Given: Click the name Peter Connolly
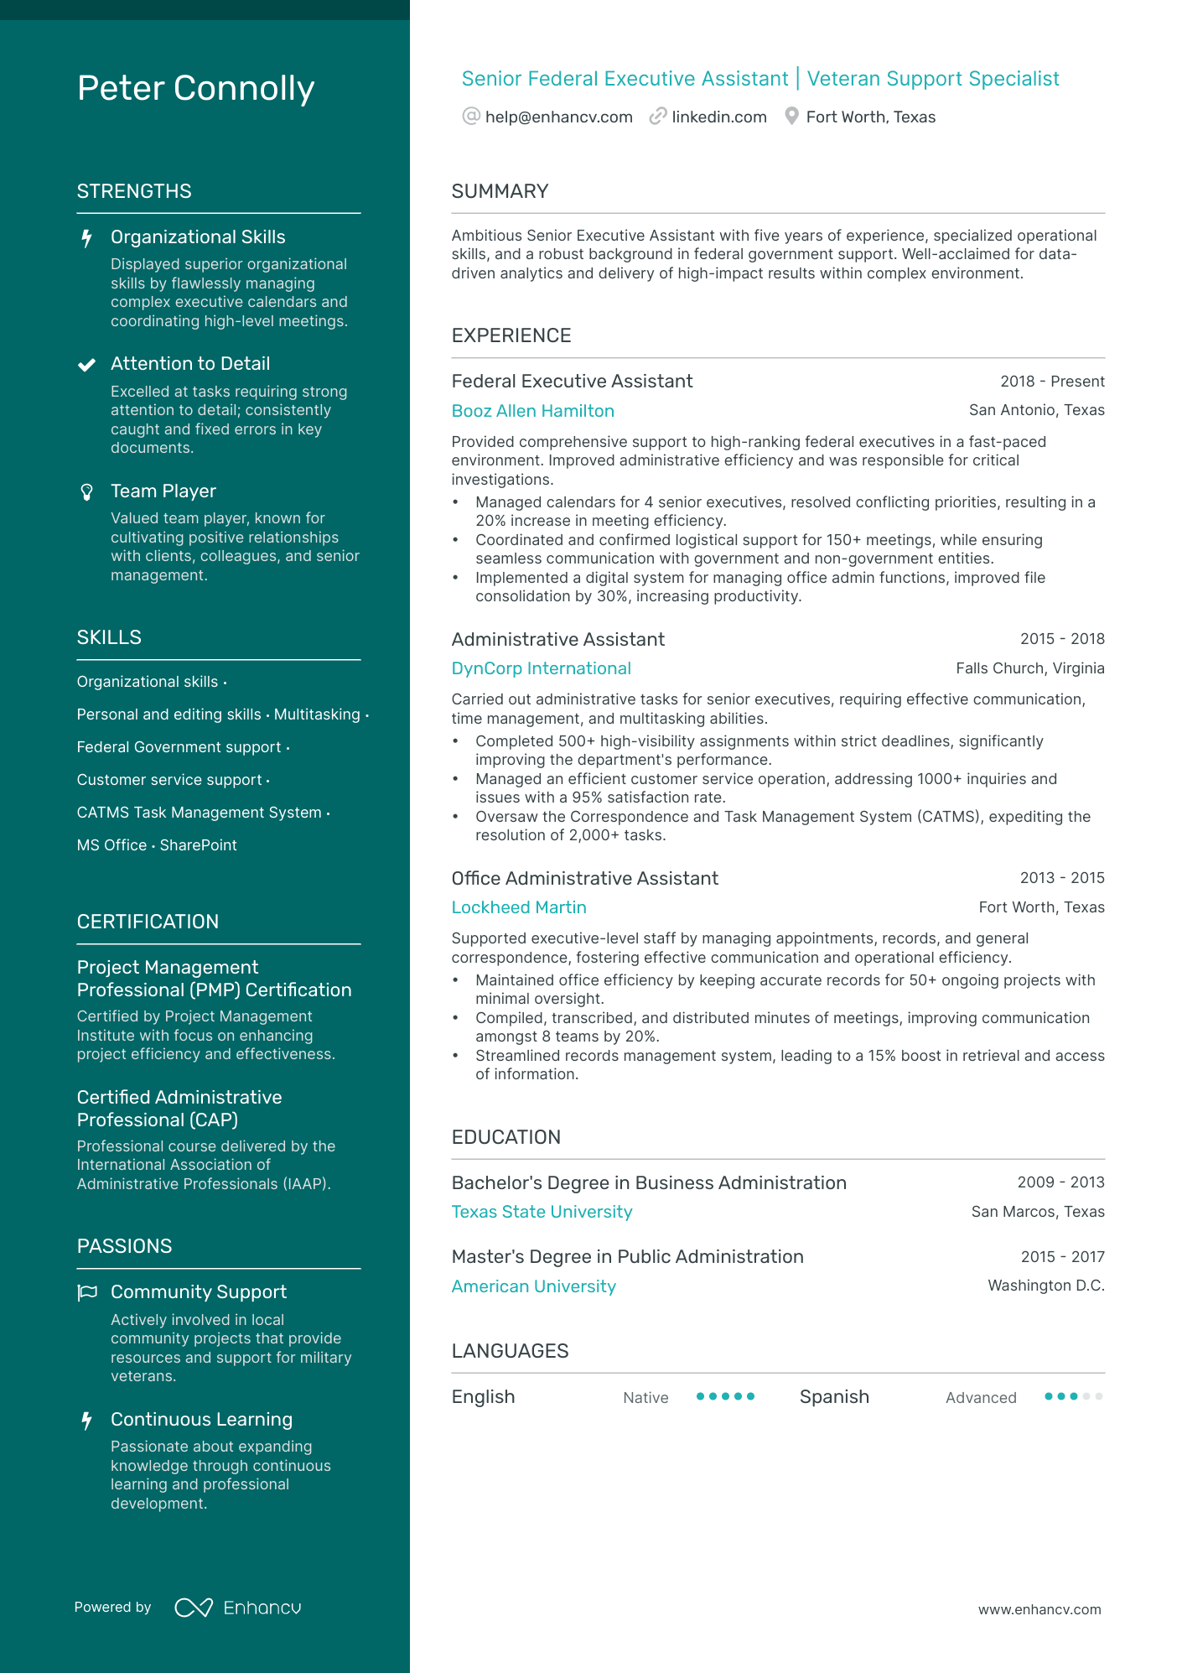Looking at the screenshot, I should point(195,89).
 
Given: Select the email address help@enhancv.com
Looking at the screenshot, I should point(558,117).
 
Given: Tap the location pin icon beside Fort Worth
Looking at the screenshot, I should point(791,117).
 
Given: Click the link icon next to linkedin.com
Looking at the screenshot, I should point(658,117).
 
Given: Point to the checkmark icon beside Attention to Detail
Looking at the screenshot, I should point(86,365).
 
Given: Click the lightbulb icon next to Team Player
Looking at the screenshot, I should point(86,492).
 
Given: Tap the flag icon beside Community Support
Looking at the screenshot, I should point(87,1293).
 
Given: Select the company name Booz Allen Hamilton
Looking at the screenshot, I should point(532,411).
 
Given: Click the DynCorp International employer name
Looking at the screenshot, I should point(541,668).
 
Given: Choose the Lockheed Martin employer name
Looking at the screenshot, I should point(519,907).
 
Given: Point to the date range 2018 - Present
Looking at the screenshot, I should point(1052,382).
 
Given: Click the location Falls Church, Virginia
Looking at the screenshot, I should point(1029,668).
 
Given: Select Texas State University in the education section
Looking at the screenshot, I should point(542,1212).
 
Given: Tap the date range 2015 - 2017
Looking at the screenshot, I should point(1062,1257).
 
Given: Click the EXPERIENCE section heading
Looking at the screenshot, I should point(511,336).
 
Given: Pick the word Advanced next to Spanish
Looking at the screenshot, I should point(981,1398).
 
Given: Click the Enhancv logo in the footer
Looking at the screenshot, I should point(238,1608).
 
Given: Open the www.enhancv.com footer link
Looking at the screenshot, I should point(1039,1610).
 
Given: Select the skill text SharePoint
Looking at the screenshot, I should point(199,845).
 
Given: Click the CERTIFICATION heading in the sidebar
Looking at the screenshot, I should point(148,922).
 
